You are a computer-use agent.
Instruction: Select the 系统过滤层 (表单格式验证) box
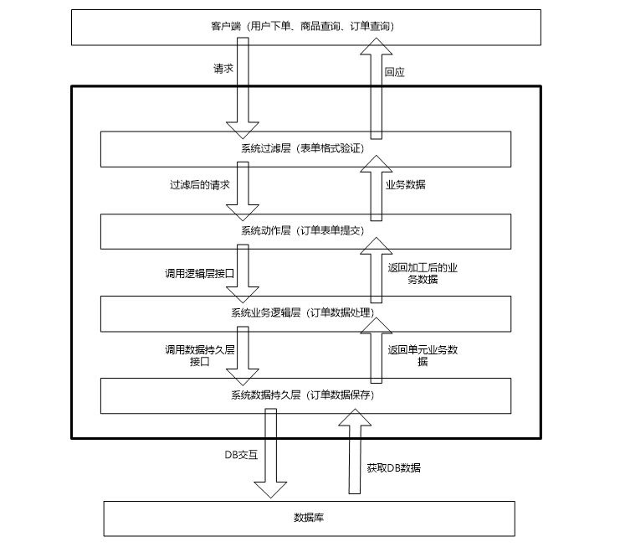(167, 149)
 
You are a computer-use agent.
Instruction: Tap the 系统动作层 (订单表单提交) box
(167, 230)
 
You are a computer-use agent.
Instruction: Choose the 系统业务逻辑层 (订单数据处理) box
(167, 312)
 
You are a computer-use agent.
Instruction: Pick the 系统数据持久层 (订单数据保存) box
(167, 395)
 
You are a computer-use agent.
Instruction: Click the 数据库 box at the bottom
(308, 518)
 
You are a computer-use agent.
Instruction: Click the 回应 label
(394, 73)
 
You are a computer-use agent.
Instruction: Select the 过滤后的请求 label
(199, 184)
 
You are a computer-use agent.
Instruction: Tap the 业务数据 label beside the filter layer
(405, 184)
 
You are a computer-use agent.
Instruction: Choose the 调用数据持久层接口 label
(199, 355)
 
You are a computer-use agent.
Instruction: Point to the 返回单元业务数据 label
(423, 355)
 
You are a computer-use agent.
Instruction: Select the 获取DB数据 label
(394, 467)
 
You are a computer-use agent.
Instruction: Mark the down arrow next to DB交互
(270, 457)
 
